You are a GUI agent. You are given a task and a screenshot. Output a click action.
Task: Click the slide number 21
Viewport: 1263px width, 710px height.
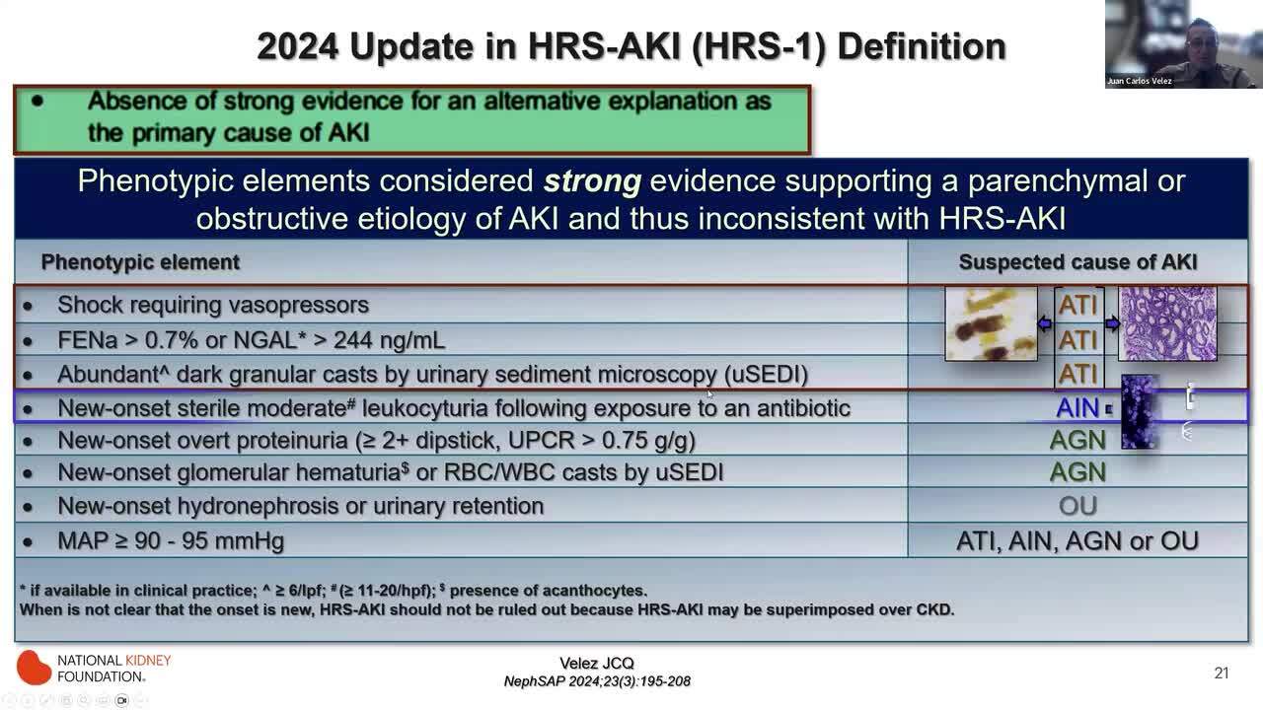[1222, 673]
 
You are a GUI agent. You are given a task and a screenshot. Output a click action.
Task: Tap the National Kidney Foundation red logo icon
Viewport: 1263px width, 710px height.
[34, 668]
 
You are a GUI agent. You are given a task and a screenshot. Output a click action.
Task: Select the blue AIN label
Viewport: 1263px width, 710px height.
[1077, 408]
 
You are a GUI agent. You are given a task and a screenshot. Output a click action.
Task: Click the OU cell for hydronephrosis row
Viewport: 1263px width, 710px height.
[1077, 506]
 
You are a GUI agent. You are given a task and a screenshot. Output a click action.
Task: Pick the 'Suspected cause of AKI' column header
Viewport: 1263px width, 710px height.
[1077, 262]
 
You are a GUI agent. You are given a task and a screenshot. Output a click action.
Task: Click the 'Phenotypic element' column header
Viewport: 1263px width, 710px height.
[140, 262]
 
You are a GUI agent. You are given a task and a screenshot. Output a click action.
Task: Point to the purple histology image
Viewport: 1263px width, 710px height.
[1167, 323]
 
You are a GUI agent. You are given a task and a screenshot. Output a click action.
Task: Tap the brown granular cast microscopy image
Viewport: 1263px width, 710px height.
[992, 323]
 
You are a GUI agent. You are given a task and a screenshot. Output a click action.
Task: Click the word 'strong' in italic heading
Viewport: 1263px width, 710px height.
[592, 180]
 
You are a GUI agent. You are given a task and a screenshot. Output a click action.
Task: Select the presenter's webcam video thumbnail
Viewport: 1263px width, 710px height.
[1183, 44]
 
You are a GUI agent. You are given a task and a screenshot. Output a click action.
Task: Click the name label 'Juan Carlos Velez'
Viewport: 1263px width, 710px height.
[1140, 81]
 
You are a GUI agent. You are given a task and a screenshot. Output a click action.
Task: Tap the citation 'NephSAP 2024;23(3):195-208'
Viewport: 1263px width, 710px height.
[597, 681]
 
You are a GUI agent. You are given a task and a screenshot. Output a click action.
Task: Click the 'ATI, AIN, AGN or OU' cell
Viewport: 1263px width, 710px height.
[1077, 541]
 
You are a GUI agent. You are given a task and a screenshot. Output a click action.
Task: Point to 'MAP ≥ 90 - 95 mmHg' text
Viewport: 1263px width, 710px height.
[171, 541]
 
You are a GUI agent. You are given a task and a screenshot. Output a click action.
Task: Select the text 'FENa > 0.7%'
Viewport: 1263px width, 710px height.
[123, 340]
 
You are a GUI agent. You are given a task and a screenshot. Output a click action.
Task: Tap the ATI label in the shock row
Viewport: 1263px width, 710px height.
[1078, 305]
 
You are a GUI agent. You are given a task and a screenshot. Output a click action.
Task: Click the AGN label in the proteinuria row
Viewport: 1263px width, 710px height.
[1077, 440]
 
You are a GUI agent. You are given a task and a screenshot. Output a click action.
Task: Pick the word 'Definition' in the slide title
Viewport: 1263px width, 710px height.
[922, 46]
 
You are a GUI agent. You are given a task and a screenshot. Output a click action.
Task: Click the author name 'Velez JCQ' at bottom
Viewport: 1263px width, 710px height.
[597, 664]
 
